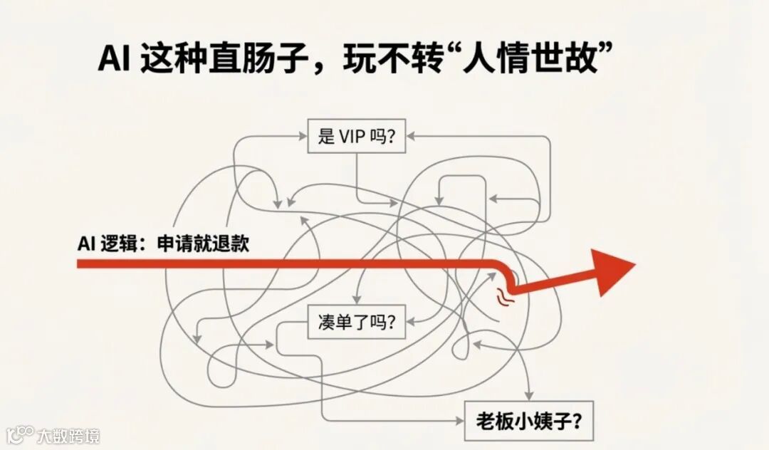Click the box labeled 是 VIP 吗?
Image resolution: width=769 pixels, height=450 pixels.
(356, 136)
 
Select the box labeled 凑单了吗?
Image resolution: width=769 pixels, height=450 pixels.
(356, 323)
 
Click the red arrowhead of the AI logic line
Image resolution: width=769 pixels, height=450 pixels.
(614, 272)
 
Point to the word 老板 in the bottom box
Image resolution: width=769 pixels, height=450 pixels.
(493, 420)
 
